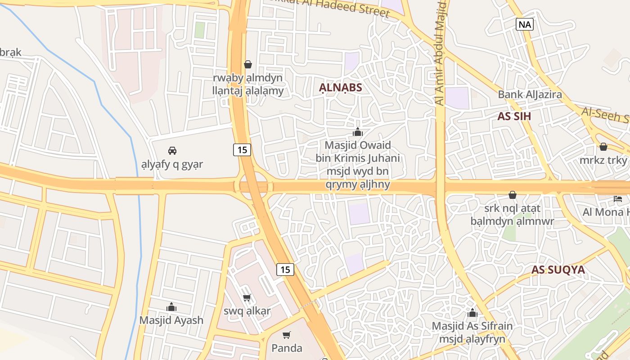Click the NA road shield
pos(525,24)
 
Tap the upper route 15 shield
pos(242,150)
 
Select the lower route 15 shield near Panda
pos(285,269)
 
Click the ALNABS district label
pos(340,87)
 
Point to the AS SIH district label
pos(514,116)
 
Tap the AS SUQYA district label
pos(558,270)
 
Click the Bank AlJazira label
pos(530,94)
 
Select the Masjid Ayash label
pos(171,320)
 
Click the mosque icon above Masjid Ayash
pos(171,307)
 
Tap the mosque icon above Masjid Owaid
pos(358,132)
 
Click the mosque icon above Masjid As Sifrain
pos(472,313)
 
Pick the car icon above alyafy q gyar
pos(172,150)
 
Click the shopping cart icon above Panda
pos(286,335)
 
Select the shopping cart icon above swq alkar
pos(247,297)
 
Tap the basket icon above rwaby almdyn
pos(247,64)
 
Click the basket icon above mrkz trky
pos(603,147)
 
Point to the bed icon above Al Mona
pos(617,198)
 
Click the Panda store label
pos(287,348)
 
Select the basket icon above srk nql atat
pos(512,195)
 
